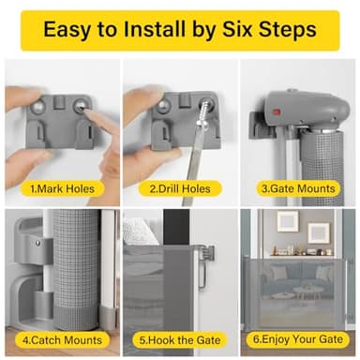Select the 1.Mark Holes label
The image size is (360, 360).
(57, 187)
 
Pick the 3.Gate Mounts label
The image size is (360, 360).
(298, 187)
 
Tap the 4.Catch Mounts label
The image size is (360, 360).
(57, 337)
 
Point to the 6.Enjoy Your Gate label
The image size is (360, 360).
(298, 337)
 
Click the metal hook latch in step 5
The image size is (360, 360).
(204, 255)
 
